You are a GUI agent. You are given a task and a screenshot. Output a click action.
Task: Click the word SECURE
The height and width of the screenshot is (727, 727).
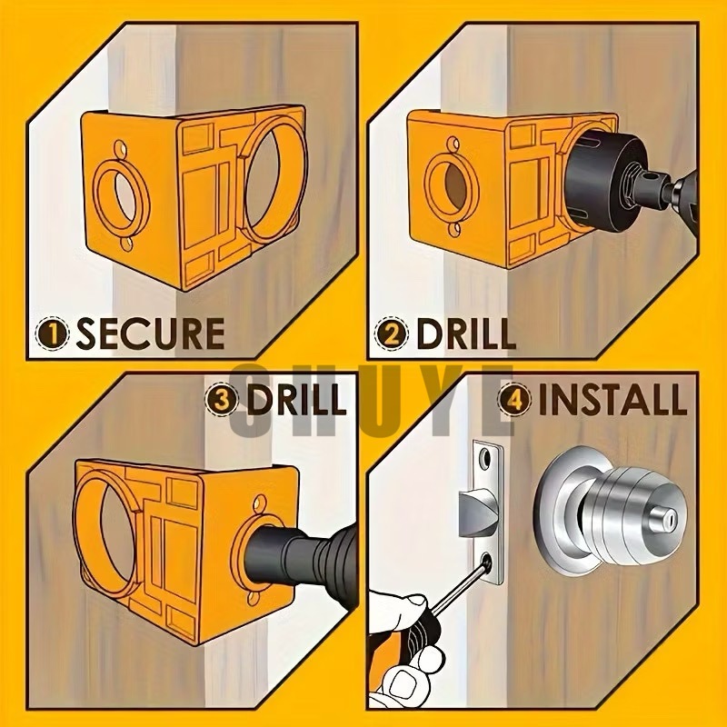tap(150, 334)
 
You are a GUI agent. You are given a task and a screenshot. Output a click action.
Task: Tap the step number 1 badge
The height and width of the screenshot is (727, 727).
tap(53, 334)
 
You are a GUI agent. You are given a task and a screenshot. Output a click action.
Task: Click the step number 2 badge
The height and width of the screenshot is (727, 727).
tap(392, 334)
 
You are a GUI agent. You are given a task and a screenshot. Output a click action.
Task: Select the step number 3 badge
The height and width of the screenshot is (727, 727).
tap(222, 399)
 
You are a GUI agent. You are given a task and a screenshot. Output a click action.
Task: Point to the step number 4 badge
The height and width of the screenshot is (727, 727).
tap(514, 399)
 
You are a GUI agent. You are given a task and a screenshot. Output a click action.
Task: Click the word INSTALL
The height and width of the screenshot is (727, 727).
tap(612, 399)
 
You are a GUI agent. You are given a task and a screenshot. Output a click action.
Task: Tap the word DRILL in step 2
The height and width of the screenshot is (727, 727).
tap(466, 334)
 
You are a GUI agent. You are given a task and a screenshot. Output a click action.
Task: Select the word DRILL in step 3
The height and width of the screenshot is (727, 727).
tap(297, 399)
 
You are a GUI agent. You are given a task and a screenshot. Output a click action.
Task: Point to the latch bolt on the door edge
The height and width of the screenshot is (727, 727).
tap(478, 513)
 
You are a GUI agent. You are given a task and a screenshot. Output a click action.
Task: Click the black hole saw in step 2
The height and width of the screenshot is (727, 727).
tap(603, 182)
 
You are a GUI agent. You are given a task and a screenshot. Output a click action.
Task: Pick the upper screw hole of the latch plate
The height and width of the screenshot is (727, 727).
tap(485, 458)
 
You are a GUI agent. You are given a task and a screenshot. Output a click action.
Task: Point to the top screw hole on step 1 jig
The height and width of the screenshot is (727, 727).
tap(121, 149)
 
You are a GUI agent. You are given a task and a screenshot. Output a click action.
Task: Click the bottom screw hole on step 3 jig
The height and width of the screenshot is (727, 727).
tap(254, 597)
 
